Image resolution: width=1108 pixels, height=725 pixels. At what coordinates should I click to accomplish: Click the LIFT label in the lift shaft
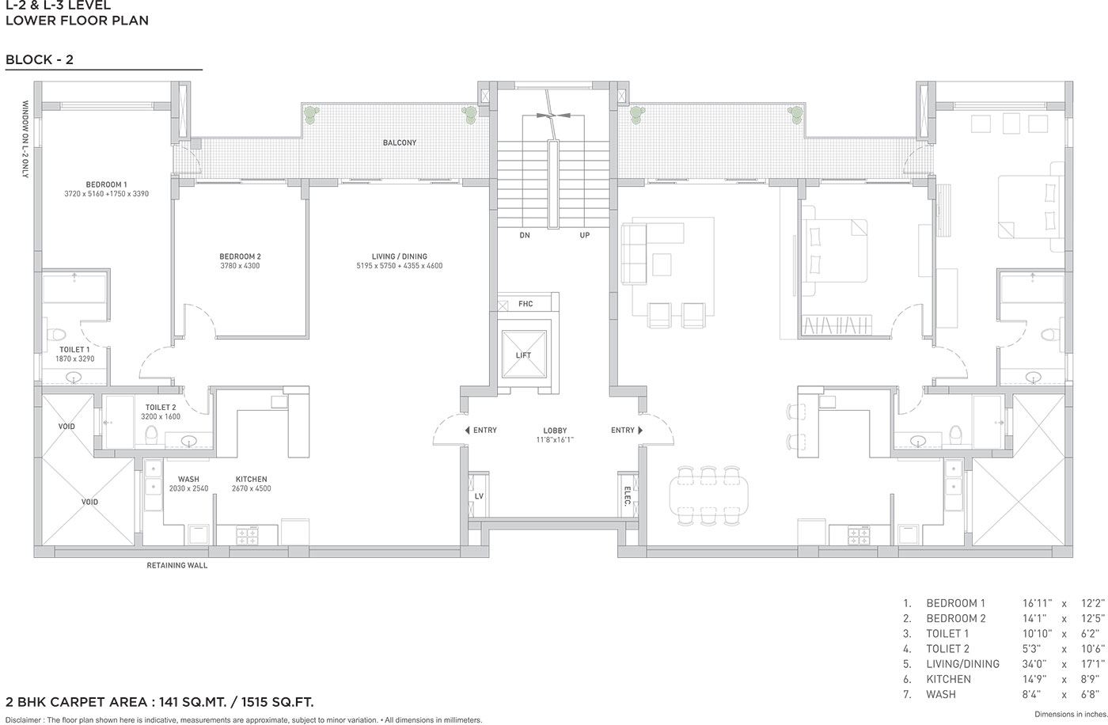[523, 355]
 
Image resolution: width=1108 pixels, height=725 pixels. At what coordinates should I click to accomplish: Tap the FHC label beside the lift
[526, 304]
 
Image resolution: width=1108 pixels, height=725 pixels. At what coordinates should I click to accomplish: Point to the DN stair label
[525, 235]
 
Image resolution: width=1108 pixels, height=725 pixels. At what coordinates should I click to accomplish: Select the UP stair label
[585, 235]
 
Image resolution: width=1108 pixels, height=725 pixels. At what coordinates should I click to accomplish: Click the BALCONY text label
[400, 143]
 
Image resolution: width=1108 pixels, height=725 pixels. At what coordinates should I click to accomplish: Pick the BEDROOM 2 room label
[240, 256]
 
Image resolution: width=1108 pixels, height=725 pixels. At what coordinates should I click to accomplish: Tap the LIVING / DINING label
[400, 256]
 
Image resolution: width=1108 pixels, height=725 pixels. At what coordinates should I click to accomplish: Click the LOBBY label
[555, 431]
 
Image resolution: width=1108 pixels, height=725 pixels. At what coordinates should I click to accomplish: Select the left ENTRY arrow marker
[468, 431]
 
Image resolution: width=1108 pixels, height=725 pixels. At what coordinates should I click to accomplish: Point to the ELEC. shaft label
[627, 496]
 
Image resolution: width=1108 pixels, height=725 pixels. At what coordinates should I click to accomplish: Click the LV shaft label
[479, 496]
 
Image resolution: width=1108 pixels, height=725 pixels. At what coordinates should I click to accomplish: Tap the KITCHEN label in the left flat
[252, 479]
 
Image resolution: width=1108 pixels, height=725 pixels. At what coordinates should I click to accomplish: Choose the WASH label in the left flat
[188, 479]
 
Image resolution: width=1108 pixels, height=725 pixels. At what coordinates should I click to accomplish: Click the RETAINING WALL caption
[177, 565]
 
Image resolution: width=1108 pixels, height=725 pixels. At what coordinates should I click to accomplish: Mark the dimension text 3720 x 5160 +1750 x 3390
[106, 194]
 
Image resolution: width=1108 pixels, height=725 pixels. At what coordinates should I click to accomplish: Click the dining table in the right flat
[708, 495]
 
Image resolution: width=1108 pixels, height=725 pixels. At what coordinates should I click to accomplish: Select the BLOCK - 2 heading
[40, 60]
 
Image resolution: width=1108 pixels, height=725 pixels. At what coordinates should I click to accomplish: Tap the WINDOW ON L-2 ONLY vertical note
[25, 139]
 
